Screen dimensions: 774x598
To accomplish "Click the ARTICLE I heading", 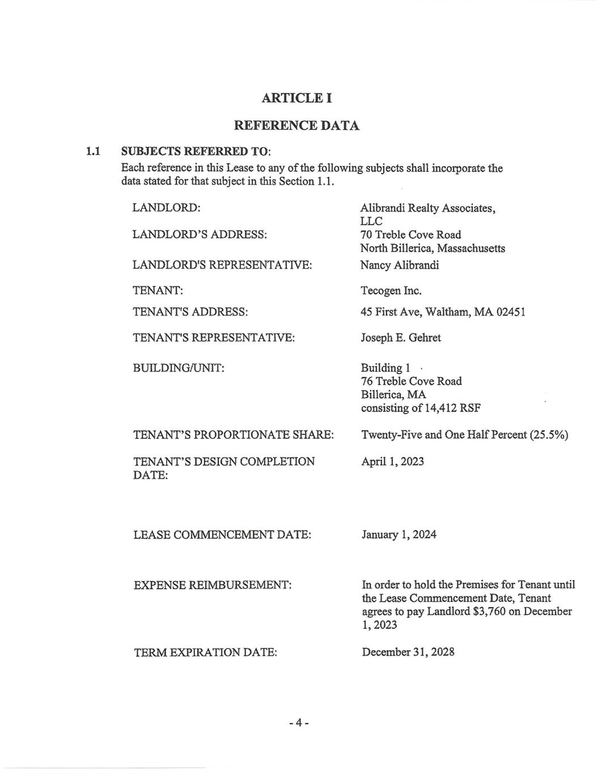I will point(296,98).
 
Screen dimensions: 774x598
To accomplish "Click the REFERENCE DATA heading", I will point(296,125).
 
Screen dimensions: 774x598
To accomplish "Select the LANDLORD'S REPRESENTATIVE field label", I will point(222,265).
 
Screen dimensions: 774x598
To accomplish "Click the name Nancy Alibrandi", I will point(400,265).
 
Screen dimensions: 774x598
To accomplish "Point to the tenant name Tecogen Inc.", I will point(391,291).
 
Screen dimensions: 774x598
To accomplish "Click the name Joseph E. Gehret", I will point(401,338).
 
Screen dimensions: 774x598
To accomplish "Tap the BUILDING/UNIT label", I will point(179,368).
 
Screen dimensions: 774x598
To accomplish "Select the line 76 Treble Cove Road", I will point(412,381).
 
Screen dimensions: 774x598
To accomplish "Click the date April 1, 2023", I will point(393,462).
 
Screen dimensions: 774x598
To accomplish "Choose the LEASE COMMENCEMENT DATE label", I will point(222,535).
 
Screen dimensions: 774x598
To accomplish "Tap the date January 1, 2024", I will point(399,535).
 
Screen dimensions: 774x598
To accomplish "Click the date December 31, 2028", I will point(408,652).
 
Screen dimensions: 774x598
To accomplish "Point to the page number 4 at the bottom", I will point(298,723).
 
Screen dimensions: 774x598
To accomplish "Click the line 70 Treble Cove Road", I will point(411,235).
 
